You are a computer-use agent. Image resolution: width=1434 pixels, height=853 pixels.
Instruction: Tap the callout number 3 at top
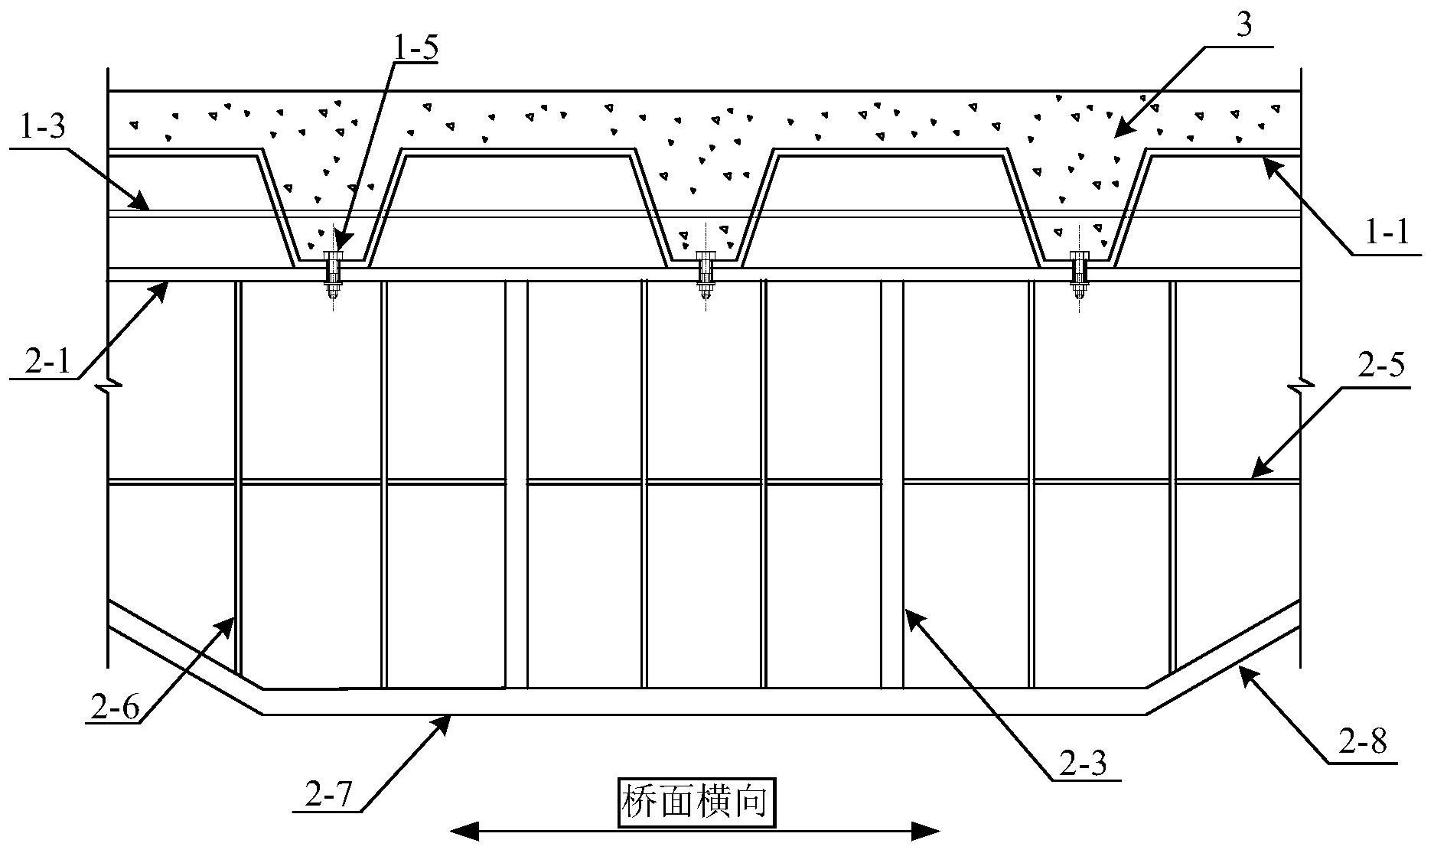coord(1244,26)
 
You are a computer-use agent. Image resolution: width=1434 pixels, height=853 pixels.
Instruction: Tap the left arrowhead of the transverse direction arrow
coord(462,831)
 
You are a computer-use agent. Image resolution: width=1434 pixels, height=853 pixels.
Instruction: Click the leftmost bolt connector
coord(334,275)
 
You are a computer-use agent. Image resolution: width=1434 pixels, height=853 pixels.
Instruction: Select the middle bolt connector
coord(706,275)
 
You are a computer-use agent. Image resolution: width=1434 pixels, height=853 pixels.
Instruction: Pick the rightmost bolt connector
coord(1080,275)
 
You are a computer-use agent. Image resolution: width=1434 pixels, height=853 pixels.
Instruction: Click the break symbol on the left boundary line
coord(109,383)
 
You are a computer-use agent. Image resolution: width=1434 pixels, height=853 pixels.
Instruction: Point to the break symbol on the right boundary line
coord(1301,388)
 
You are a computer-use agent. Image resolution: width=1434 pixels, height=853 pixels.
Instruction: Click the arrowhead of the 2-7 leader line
coord(442,724)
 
